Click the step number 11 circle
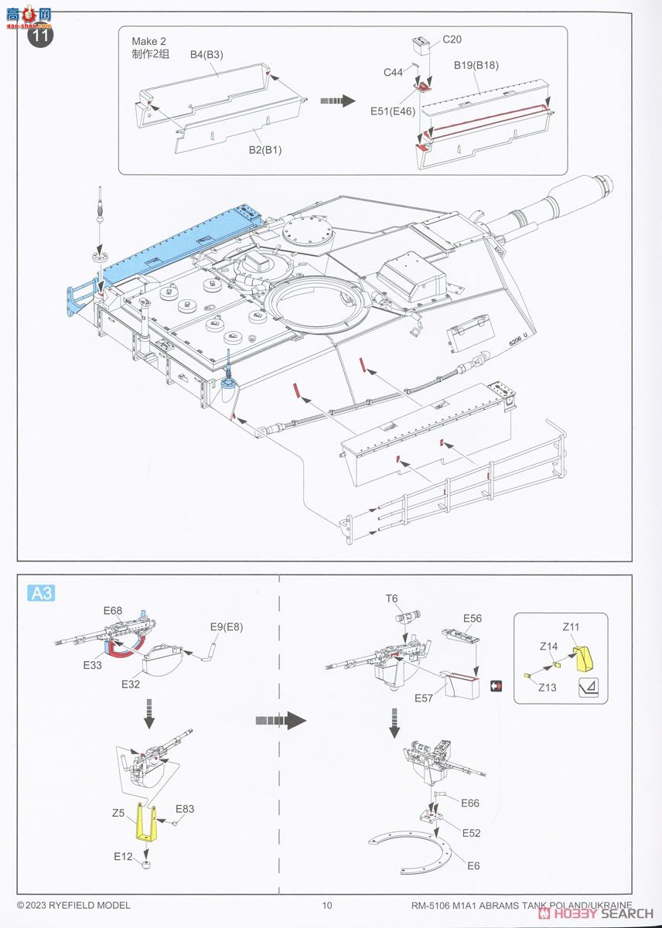pos(41,36)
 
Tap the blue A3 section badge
pos(42,593)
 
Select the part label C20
pos(452,39)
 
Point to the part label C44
pos(393,73)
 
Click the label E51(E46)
pos(393,111)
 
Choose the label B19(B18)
pos(476,65)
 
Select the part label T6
pos(392,599)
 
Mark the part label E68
pos(113,610)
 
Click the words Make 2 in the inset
pos(148,41)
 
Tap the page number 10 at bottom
pos(327,906)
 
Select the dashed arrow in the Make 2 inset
pos(336,101)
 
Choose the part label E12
pos(123,856)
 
